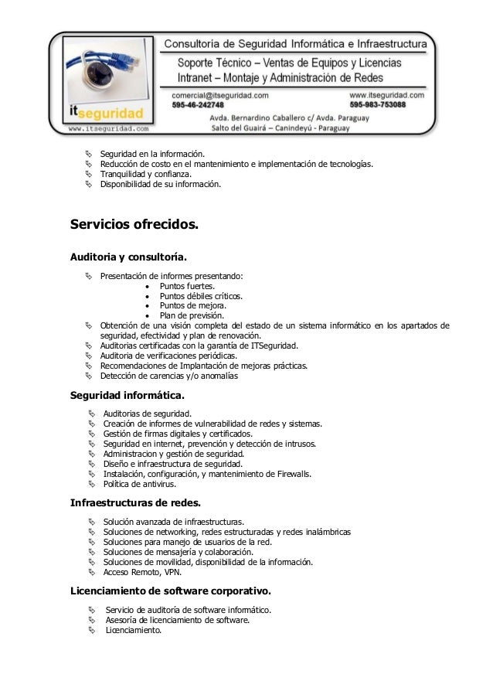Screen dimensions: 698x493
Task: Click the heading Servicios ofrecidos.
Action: tap(134, 225)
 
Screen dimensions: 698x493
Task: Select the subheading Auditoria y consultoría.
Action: tap(128, 256)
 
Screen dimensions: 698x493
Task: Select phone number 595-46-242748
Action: tap(198, 104)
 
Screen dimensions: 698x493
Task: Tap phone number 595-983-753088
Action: tap(388, 104)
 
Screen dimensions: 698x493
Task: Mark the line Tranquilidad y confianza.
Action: tap(140, 175)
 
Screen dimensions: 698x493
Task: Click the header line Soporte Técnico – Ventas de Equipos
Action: tap(289, 61)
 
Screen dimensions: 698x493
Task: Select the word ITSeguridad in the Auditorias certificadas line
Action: tap(274, 346)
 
